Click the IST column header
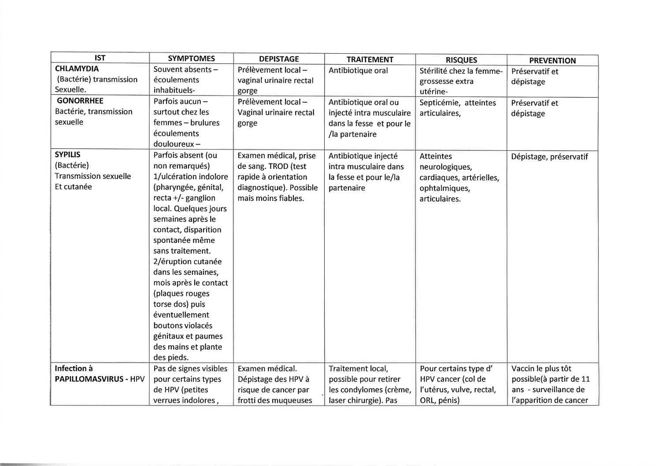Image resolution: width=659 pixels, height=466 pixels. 100,58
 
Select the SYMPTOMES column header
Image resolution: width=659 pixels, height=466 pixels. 191,58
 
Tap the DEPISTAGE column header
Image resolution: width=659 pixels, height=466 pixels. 279,59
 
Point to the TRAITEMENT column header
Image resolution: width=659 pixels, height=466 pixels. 370,59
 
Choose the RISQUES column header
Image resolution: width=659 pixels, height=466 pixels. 461,60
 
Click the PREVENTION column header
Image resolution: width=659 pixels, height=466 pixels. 552,60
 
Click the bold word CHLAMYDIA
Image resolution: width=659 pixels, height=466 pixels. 77,69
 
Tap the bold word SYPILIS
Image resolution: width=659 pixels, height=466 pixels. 67,155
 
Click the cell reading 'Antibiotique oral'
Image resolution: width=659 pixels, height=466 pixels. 358,70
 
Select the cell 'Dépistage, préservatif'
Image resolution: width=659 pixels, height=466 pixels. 549,157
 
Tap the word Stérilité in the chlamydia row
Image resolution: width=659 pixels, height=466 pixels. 433,71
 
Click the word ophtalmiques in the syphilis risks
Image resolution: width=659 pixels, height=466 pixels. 444,188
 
